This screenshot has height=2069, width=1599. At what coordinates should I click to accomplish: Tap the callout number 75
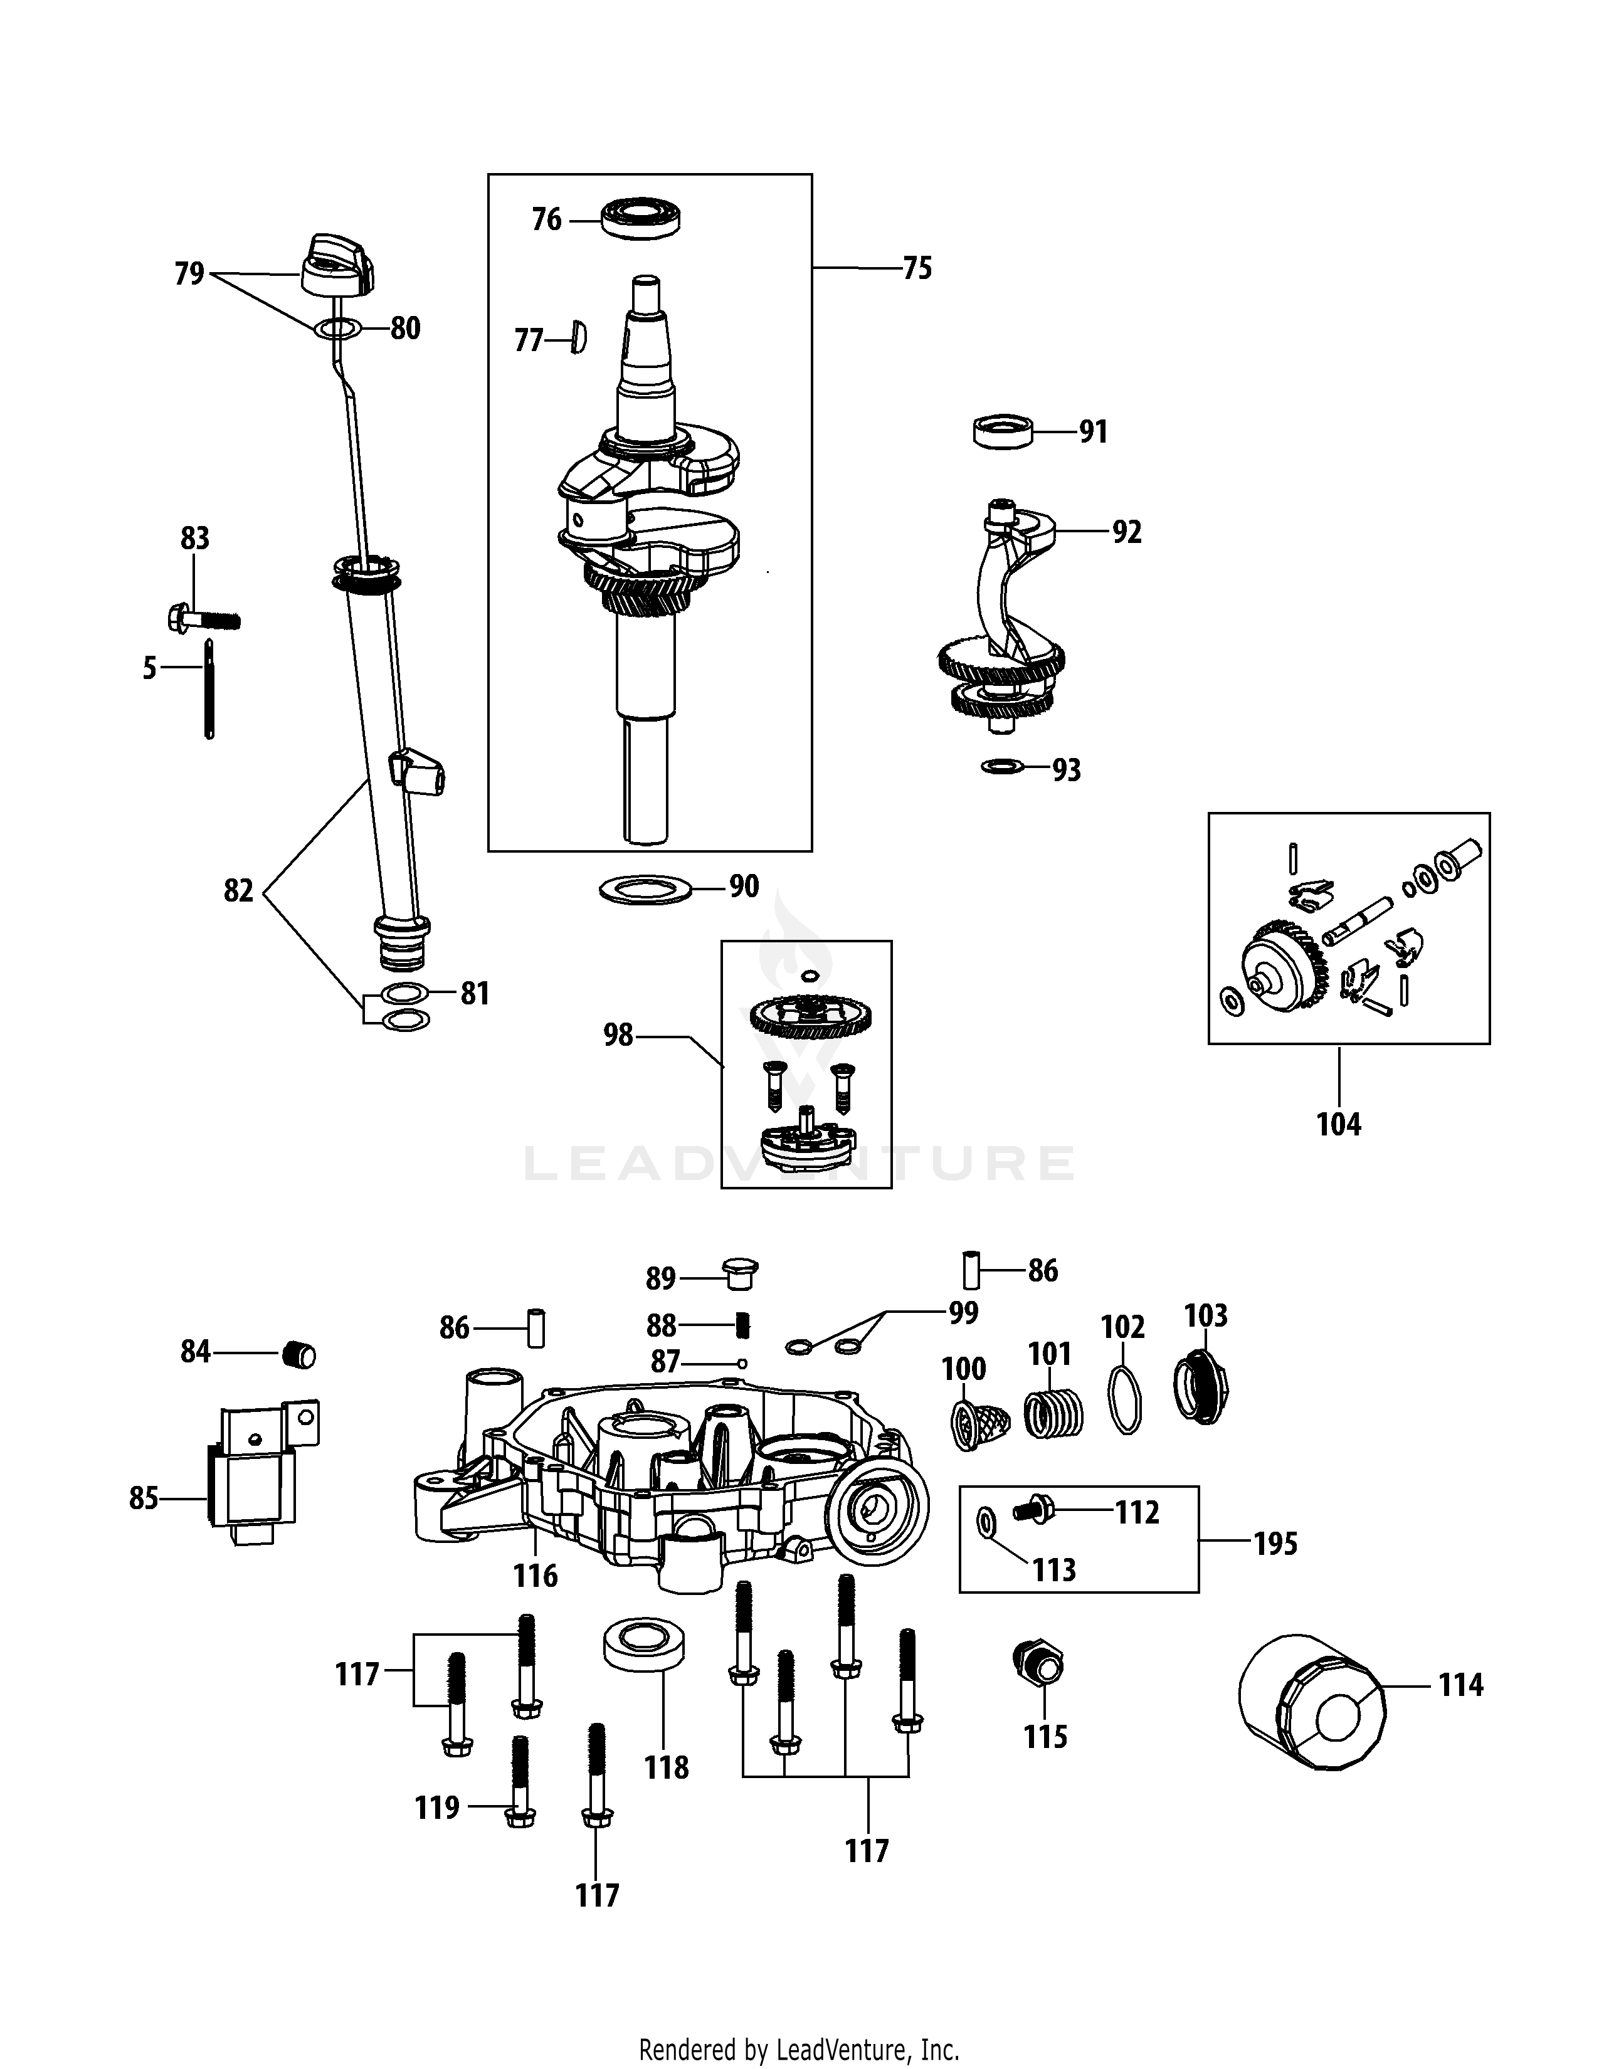(x=917, y=268)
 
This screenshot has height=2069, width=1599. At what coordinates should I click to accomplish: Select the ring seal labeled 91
(x=1002, y=431)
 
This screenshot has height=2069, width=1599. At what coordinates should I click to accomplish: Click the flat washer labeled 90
(x=646, y=890)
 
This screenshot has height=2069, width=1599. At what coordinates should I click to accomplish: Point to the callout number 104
(x=1339, y=1125)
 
